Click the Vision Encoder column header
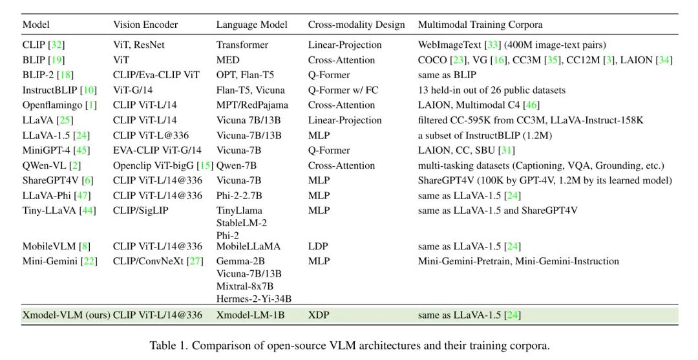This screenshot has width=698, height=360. [x=145, y=25]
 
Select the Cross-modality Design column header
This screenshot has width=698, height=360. [x=356, y=25]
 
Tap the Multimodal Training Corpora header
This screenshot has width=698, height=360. [x=480, y=25]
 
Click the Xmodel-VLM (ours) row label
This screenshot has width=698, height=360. [x=66, y=315]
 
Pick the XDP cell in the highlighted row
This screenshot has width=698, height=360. [x=319, y=315]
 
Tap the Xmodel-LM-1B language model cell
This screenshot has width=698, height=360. [x=250, y=315]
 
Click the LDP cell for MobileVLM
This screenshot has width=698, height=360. [x=319, y=246]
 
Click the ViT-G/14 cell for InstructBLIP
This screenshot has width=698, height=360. [x=134, y=90]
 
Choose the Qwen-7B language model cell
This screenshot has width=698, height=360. [x=237, y=165]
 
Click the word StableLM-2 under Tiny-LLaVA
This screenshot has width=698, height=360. [x=242, y=223]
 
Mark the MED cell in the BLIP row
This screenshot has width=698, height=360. [x=227, y=60]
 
